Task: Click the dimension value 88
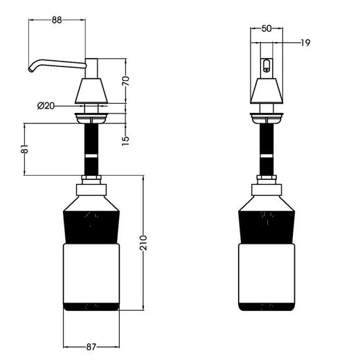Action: [57, 20]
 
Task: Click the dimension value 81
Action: [24, 149]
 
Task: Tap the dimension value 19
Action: [305, 43]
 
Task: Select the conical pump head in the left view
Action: [93, 89]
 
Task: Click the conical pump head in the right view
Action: [267, 89]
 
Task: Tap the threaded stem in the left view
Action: [92, 149]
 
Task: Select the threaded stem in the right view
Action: [267, 149]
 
